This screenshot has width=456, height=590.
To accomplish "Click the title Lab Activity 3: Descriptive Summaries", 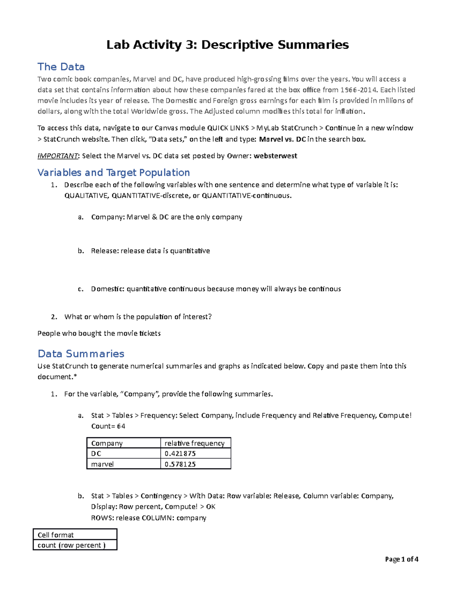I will click(227, 45).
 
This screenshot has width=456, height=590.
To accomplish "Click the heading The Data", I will click(61, 67).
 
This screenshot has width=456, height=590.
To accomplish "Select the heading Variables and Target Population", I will click(114, 172).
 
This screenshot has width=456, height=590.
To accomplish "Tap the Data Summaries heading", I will click(81, 354).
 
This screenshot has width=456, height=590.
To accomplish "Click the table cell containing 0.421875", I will click(195, 454).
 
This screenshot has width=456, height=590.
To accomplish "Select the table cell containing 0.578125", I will click(195, 464).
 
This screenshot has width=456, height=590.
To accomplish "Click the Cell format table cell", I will click(75, 535).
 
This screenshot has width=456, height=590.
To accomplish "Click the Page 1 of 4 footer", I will click(401, 559).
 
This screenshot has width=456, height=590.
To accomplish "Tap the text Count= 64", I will click(108, 426).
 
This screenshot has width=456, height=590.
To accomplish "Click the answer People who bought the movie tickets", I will click(99, 333).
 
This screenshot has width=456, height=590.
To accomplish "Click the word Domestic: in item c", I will click(108, 289).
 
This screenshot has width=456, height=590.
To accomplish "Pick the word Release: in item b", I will click(105, 251).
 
